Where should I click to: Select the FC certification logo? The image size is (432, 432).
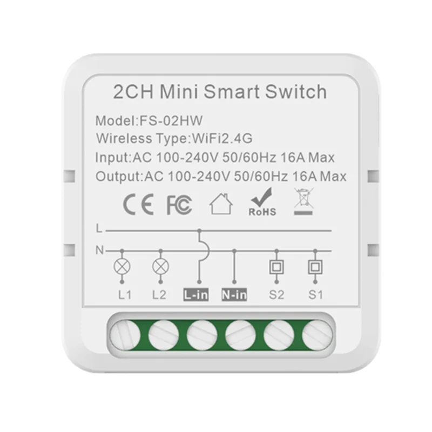point(179,206)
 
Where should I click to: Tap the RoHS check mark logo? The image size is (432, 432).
point(262,204)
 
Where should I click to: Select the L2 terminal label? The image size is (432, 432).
point(160,295)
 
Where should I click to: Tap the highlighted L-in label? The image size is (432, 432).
point(197,295)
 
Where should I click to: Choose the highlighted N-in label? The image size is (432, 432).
point(234,295)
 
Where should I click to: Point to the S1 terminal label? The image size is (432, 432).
point(313,295)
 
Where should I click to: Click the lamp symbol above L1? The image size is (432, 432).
point(123,266)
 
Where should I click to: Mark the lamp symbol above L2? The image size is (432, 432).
point(160,266)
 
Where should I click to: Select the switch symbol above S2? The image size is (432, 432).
point(276,266)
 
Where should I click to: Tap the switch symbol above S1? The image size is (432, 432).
point(313,266)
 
